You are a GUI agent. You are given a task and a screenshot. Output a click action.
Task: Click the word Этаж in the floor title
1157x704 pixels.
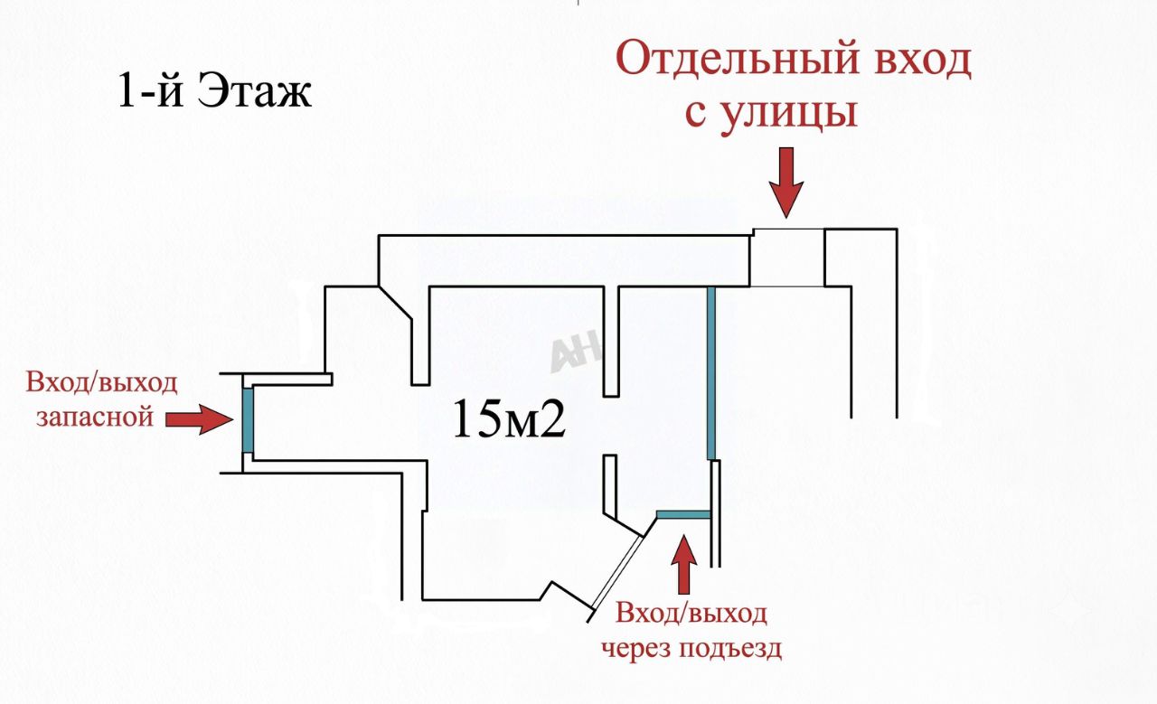[x=255, y=91]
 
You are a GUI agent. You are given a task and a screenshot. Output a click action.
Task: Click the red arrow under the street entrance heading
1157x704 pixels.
[x=786, y=183]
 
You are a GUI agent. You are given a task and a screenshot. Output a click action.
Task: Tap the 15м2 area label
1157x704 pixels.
[x=509, y=419]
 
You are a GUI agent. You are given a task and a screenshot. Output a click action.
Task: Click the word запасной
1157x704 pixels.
[x=95, y=417]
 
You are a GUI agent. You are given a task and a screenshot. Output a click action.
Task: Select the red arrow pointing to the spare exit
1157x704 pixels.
[x=200, y=419]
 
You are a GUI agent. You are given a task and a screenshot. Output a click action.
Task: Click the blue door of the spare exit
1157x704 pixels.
[x=248, y=420]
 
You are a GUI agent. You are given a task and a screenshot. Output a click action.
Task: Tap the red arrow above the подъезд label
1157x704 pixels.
[x=684, y=565]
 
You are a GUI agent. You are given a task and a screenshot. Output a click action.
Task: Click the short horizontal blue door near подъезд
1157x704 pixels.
[x=683, y=514]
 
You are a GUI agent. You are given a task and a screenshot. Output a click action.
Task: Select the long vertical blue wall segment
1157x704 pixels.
[x=711, y=373]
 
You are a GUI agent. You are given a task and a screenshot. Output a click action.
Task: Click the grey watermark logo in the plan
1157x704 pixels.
[x=575, y=351]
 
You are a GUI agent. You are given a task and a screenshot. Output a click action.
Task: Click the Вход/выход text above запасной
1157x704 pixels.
[x=102, y=383]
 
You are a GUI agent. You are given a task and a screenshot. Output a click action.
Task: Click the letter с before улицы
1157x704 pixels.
[x=696, y=115]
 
